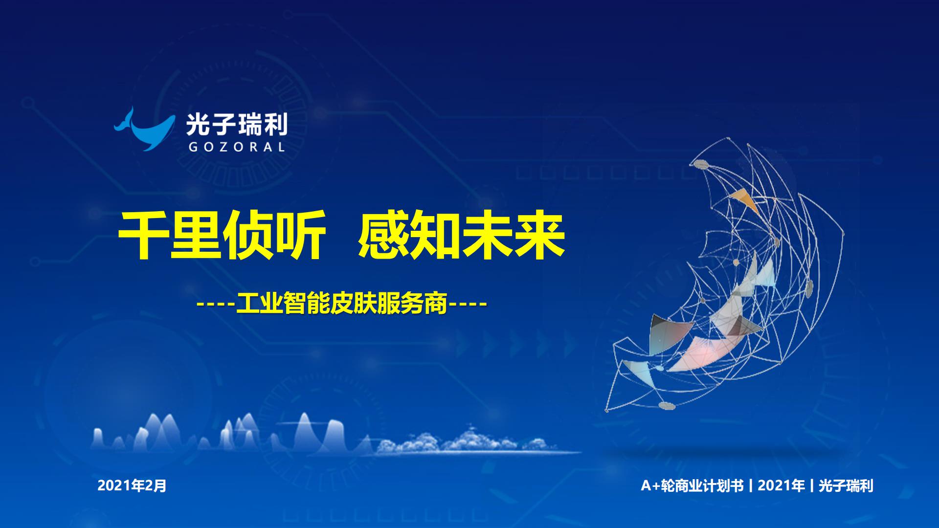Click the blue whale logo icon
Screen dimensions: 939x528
pos(144,130)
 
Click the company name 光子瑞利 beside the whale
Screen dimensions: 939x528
pos(237,125)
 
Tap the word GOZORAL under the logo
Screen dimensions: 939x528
pos(237,147)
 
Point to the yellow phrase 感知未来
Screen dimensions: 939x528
pos(462,235)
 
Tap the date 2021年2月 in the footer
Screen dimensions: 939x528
pos(132,485)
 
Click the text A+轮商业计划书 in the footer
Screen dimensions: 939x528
pos(692,485)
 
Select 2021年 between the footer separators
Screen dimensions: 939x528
pos(781,485)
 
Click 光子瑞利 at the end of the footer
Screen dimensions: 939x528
pos(846,485)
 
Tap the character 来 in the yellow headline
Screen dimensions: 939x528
pos(540,235)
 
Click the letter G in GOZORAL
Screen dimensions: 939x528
pos(193,147)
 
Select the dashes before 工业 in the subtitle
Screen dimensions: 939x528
pos(216,305)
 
